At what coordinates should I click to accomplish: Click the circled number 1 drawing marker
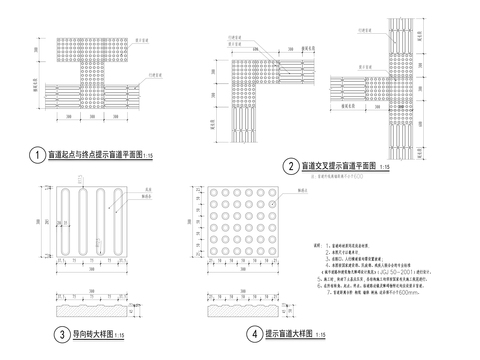coord(36,156)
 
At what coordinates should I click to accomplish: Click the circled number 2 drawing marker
coord(289,166)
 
